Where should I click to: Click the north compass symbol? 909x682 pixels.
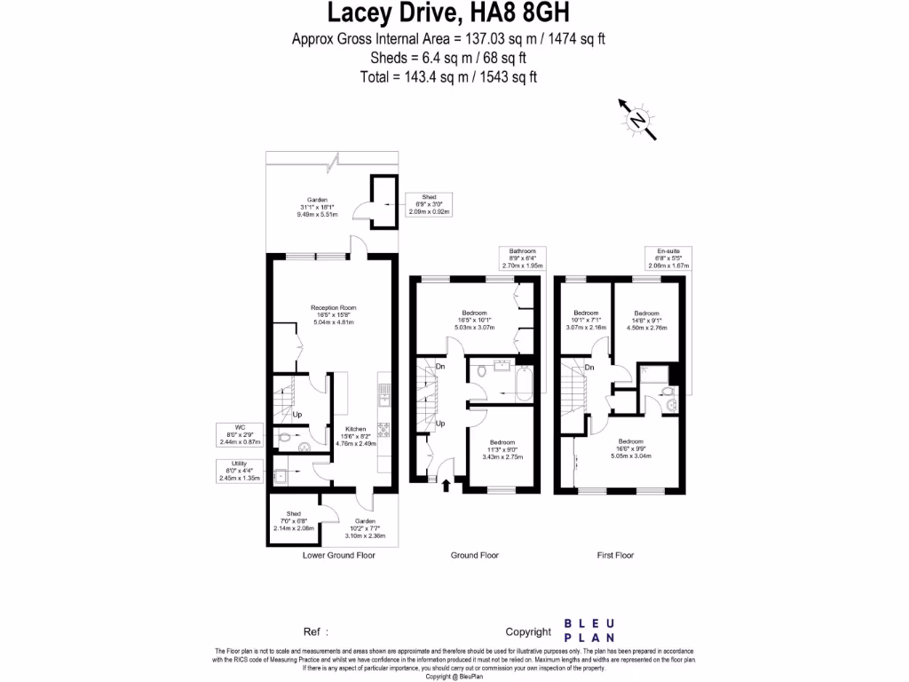click(637, 121)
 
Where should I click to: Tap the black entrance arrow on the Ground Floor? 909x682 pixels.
click(446, 483)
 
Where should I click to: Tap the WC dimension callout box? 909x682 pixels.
click(237, 435)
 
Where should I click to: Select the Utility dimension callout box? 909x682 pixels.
click(239, 471)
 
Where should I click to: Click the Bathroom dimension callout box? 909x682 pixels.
click(521, 258)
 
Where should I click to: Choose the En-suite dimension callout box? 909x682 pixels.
click(668, 258)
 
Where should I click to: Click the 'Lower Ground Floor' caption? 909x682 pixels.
click(338, 555)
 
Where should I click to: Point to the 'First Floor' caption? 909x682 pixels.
click(615, 555)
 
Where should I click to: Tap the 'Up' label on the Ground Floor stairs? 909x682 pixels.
click(439, 424)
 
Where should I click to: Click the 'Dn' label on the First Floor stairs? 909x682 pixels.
click(589, 367)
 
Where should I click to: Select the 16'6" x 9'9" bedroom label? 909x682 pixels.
click(630, 448)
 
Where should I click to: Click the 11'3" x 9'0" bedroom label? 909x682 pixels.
click(502, 449)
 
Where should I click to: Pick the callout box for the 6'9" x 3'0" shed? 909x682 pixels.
click(428, 204)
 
